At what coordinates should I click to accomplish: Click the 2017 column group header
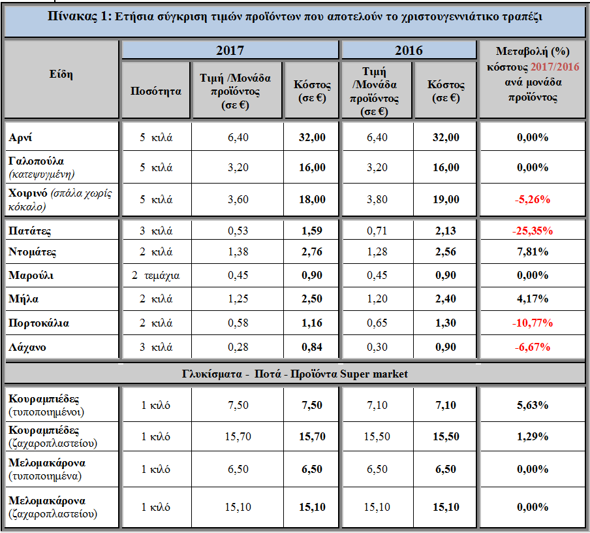click(230, 50)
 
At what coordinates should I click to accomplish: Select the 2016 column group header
click(409, 50)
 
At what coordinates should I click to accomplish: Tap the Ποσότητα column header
click(156, 91)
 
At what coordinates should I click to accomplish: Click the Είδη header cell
click(61, 74)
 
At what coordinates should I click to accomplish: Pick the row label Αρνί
click(21, 138)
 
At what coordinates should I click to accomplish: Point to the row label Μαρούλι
click(31, 275)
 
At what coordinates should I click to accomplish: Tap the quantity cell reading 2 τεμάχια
click(156, 275)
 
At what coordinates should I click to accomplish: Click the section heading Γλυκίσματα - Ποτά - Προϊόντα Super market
click(295, 374)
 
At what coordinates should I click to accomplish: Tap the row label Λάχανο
click(27, 347)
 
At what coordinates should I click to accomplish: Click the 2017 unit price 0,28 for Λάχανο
click(238, 347)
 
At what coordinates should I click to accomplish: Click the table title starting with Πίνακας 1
click(295, 18)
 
